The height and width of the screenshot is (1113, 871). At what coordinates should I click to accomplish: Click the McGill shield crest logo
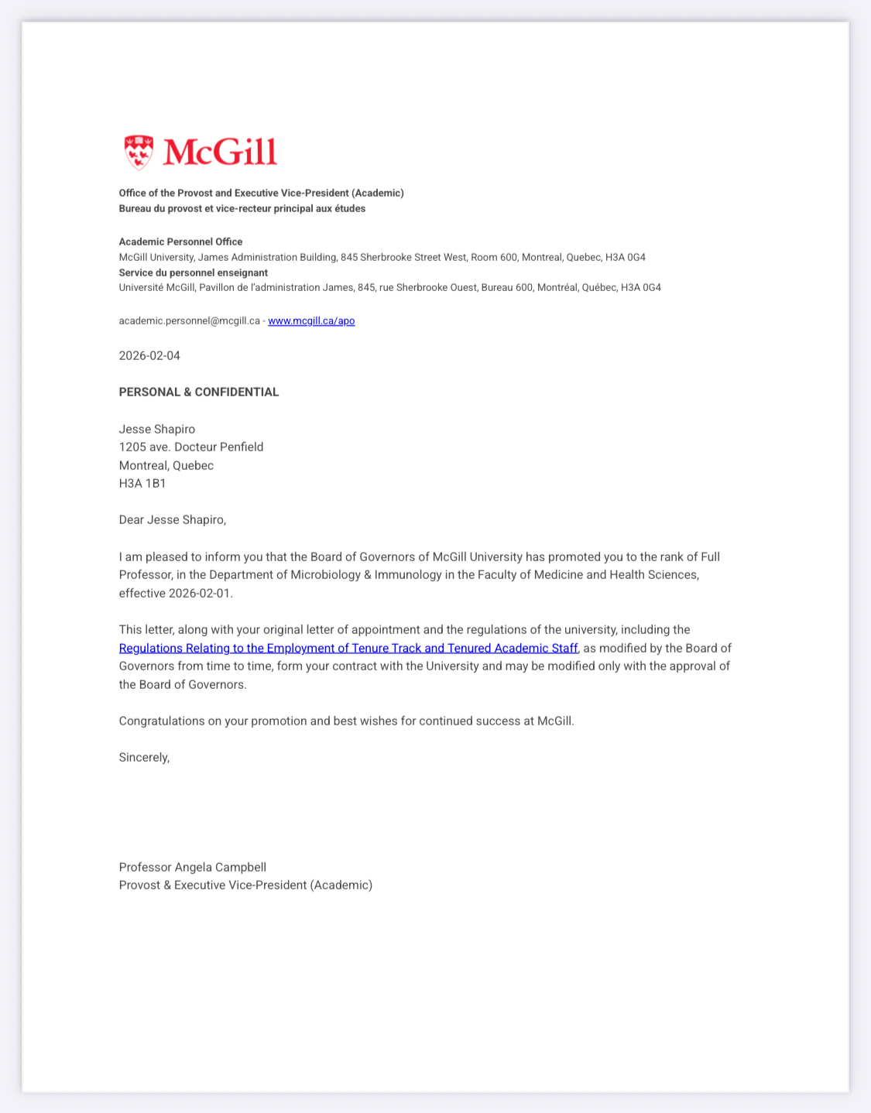(139, 152)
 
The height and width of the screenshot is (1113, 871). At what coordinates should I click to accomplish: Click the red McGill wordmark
(220, 152)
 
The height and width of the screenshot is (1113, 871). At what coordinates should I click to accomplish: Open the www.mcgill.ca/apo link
(311, 320)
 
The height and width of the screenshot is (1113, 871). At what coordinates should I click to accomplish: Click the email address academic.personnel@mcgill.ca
(189, 320)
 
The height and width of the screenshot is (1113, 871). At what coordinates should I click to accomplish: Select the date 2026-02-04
(149, 356)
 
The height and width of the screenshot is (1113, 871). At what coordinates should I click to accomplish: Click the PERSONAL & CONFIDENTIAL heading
(198, 392)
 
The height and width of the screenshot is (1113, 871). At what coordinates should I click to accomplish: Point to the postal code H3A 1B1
(142, 484)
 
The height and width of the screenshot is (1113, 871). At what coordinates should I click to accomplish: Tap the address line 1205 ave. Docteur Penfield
(191, 447)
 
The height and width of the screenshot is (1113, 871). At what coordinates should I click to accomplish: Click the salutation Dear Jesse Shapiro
(172, 520)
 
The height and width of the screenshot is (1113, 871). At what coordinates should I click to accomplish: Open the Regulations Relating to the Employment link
(348, 649)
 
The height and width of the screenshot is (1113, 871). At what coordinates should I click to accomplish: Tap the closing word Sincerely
(144, 758)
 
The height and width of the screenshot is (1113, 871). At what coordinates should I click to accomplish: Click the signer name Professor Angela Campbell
(192, 868)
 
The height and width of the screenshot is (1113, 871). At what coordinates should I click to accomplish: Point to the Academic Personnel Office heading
(180, 241)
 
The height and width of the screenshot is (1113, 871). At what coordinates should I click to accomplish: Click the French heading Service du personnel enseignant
(194, 272)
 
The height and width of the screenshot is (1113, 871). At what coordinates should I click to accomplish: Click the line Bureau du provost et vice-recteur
(242, 208)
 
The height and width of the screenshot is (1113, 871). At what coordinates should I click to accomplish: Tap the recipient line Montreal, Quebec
(166, 466)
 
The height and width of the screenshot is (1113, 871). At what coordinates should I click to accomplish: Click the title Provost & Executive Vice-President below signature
(245, 885)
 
